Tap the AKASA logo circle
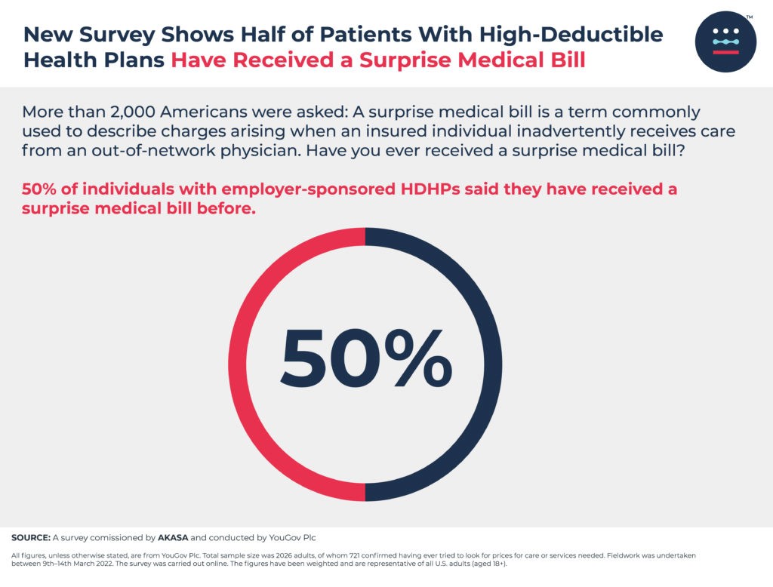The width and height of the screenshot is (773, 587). (725, 41)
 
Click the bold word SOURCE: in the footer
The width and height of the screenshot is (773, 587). (30, 538)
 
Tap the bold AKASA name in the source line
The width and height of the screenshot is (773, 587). (174, 538)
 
